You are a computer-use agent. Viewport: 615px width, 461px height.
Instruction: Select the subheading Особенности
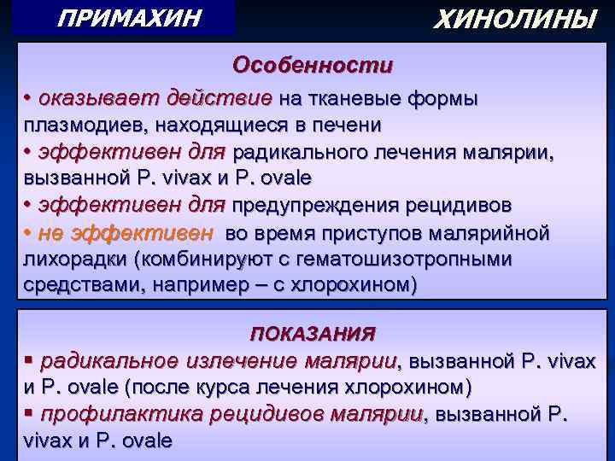[313, 66]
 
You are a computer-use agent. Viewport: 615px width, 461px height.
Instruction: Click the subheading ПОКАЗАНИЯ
[313, 333]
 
